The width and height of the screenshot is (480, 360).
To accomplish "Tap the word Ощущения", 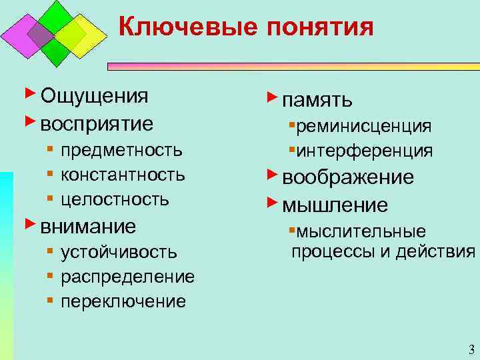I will coord(94,96).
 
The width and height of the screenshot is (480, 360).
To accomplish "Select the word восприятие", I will coord(97,124).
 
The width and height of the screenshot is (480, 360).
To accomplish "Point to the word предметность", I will coord(121,150).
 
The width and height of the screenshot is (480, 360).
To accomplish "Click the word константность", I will coord(123,175).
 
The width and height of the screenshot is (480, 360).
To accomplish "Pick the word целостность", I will coord(115,199).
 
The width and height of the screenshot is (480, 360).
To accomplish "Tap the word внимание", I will coord(89,226).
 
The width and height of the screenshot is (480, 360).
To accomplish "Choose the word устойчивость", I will coord(119,252).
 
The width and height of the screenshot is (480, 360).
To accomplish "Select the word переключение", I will coord(123,301).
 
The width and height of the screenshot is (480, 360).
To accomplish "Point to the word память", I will coord(317,101).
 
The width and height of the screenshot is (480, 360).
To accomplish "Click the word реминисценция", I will coord(364,126).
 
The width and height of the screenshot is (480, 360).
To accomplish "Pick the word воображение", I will coord(348,177).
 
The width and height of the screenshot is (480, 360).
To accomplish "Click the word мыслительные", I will coord(361,231).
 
